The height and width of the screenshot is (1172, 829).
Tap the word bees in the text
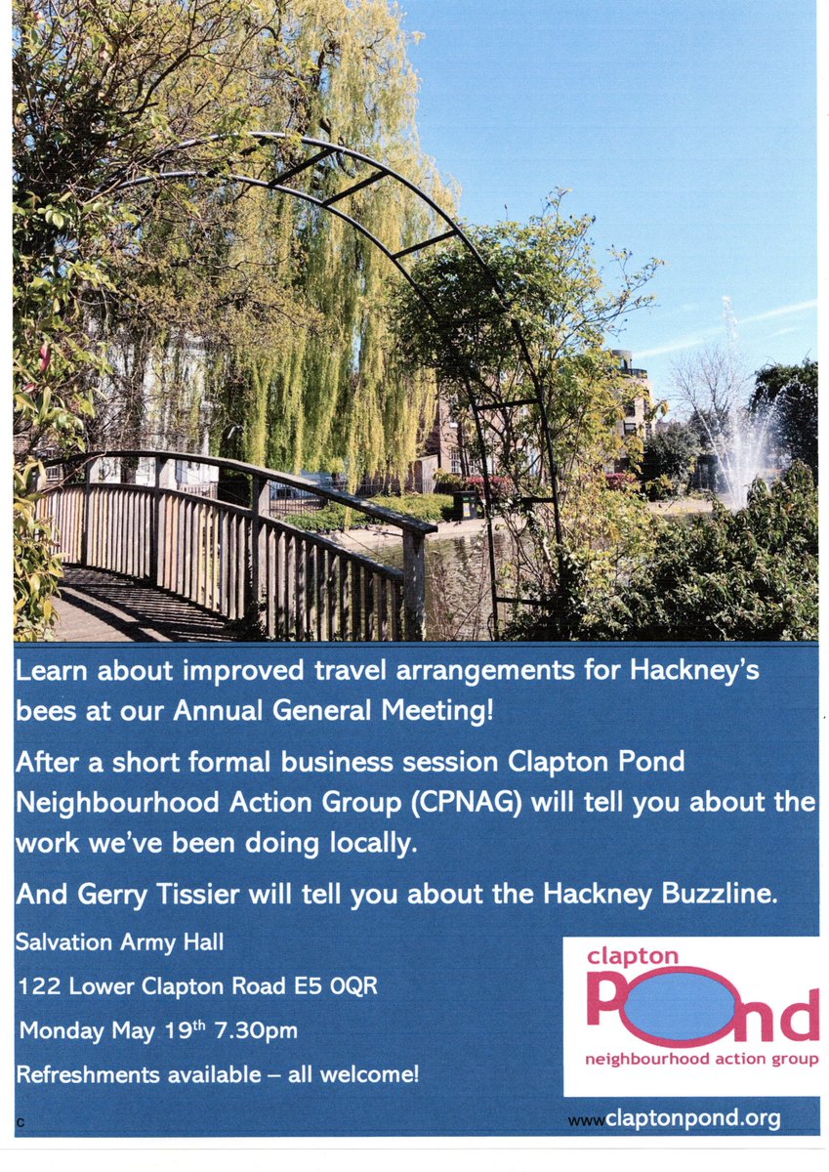tap(42, 711)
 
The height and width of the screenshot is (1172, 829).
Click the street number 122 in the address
tap(35, 986)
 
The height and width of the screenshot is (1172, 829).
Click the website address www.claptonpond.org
tap(674, 1118)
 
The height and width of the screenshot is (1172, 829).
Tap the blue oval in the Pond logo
tap(674, 1006)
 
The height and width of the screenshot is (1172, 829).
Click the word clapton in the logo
tap(632, 956)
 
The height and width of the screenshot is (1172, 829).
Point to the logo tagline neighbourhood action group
tap(701, 1059)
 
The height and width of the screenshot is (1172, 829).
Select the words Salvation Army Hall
tap(120, 942)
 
